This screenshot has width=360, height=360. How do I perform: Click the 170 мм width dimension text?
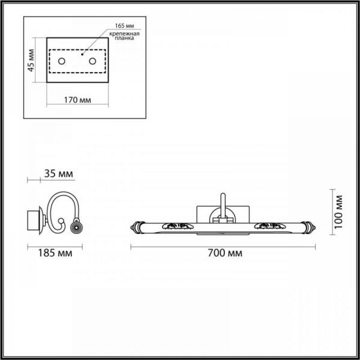(77, 100)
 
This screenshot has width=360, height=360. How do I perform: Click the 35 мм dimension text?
(59, 174)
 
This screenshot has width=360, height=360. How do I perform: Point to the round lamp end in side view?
(76, 227)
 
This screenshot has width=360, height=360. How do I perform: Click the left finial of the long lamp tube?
(136, 226)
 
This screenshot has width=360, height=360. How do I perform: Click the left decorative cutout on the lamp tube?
(178, 226)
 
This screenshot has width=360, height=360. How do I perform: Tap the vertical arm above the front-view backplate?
(221, 204)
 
